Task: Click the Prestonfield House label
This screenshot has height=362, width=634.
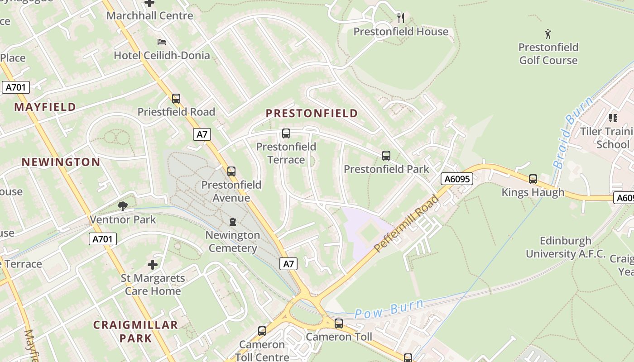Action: tap(401, 32)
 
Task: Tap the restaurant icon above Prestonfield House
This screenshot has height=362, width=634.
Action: tap(400, 18)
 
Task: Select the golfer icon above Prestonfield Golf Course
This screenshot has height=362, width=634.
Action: tap(548, 33)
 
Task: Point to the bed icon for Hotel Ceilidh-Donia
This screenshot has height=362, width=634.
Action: tap(162, 42)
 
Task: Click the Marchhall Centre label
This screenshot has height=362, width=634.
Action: tap(150, 16)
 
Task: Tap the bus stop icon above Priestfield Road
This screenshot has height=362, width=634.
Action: tap(176, 98)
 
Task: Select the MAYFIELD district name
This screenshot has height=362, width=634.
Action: tap(45, 107)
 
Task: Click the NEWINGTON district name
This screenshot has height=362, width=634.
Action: tap(61, 162)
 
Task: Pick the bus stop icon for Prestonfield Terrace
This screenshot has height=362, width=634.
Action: tap(286, 133)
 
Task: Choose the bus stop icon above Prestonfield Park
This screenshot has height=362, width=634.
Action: tap(386, 156)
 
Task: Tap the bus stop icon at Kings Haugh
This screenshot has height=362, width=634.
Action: tap(533, 179)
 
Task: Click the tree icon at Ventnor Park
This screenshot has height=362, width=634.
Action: tap(122, 206)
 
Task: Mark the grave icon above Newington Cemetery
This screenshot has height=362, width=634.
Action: tap(233, 222)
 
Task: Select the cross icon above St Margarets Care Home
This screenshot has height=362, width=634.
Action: tap(153, 264)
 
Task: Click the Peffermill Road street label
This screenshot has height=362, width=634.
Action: tap(407, 224)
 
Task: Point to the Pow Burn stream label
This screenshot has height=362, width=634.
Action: tap(389, 309)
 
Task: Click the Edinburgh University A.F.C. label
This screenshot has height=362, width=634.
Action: tap(566, 247)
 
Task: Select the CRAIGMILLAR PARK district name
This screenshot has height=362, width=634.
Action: tap(135, 331)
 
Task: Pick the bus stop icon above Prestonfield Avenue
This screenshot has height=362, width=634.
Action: tap(231, 171)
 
